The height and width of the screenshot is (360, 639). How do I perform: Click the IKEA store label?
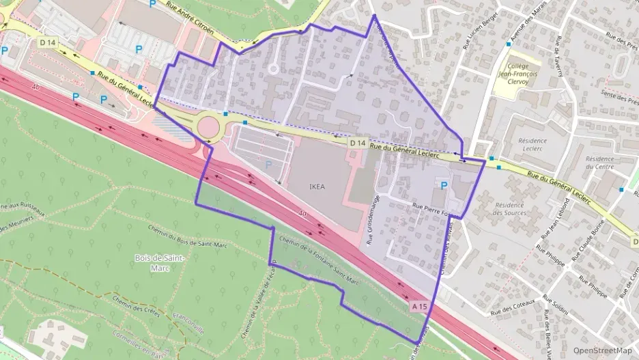pyautogui.click(x=317, y=185)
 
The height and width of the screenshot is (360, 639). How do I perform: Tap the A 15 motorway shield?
pyautogui.click(x=420, y=307)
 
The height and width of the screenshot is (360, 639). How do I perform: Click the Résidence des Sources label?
pyautogui.click(x=509, y=208)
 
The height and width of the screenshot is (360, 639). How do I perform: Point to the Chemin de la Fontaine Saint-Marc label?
pyautogui.click(x=318, y=260)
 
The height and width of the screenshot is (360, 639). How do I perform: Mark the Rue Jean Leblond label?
pyautogui.click(x=554, y=218)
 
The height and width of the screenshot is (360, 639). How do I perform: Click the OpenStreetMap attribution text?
pyautogui.click(x=603, y=350)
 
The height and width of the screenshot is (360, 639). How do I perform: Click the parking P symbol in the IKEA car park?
pyautogui.click(x=267, y=164)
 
